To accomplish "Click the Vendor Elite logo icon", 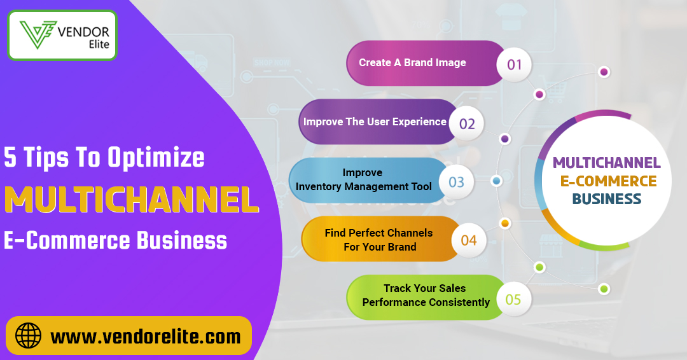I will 36,34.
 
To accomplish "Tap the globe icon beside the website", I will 28,335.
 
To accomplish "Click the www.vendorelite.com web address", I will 146,336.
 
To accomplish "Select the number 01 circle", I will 514,64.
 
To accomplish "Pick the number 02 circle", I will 467,123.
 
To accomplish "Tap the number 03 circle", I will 457,183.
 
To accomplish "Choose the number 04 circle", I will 469,240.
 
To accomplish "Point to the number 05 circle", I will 513,299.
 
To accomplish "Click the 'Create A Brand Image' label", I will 412,62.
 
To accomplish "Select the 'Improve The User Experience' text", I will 375,121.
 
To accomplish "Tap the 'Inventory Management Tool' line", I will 364,186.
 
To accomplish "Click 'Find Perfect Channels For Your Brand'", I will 378,240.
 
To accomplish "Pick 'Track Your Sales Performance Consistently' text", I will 426,295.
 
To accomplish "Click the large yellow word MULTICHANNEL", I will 131,200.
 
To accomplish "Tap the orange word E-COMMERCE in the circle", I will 608,181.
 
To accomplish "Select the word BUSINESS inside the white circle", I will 606,199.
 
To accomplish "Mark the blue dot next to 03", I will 497,181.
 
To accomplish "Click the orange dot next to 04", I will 505,223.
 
